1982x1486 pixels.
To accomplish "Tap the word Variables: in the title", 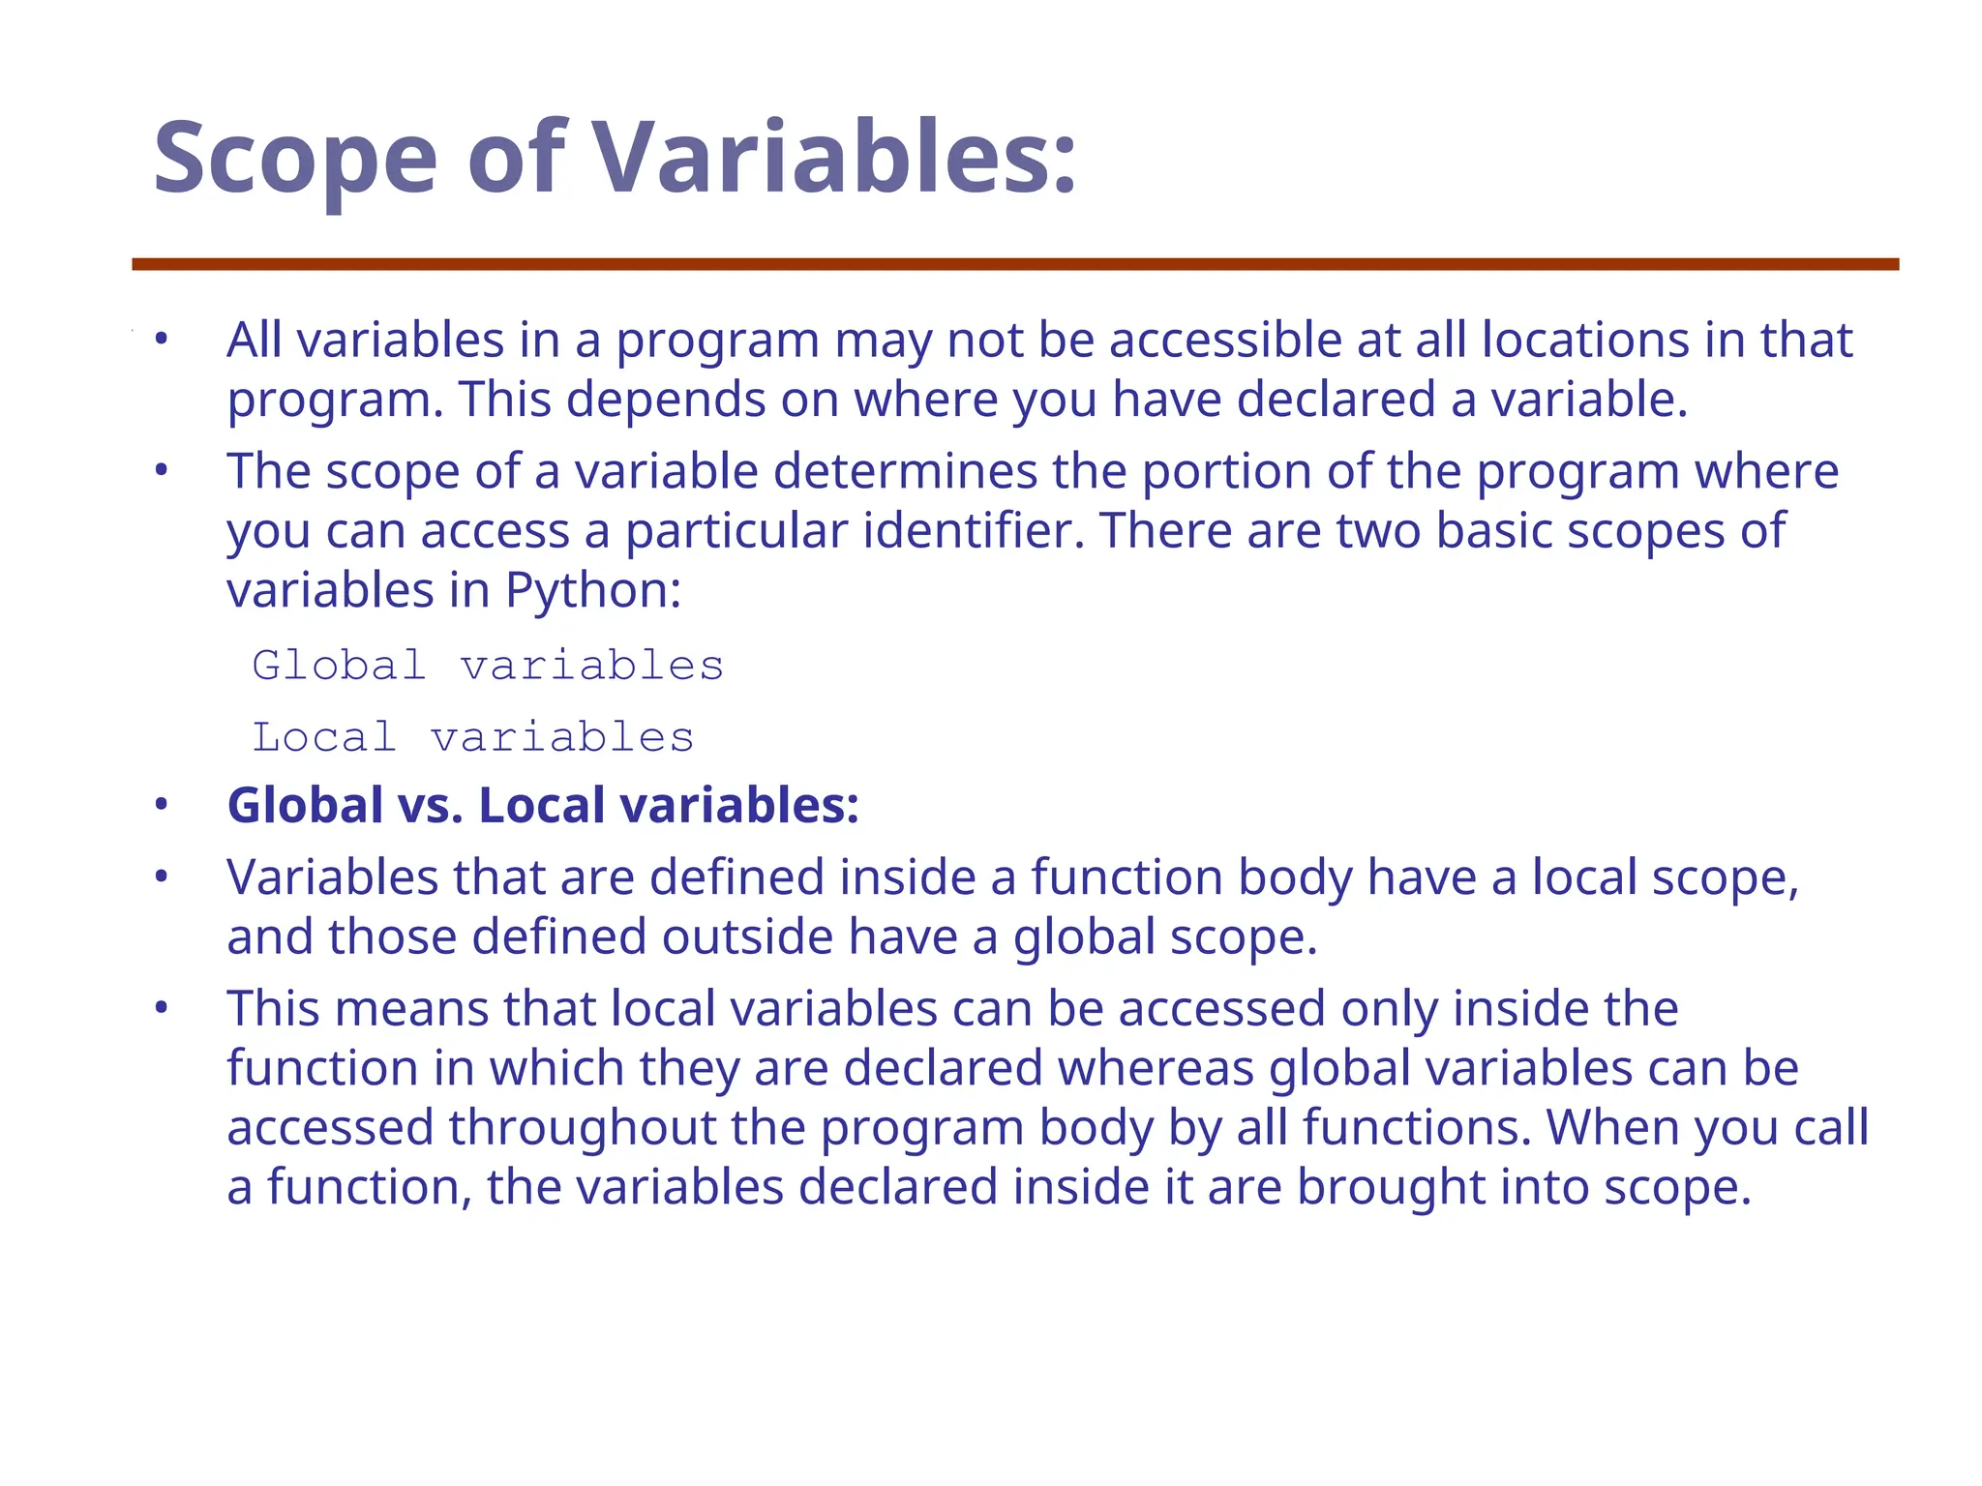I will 834,157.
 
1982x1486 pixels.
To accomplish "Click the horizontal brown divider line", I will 1015,264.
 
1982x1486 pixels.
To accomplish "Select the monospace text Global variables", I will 488,666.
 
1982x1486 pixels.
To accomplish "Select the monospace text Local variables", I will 473,737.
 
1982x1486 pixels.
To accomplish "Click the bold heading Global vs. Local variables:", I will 543,805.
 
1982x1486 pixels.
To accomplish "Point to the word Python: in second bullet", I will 593,590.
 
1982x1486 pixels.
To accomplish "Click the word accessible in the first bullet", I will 1225,341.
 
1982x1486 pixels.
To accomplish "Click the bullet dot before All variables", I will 162,340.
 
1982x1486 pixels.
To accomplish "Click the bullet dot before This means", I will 162,1009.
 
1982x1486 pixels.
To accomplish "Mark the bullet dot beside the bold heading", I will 162,805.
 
